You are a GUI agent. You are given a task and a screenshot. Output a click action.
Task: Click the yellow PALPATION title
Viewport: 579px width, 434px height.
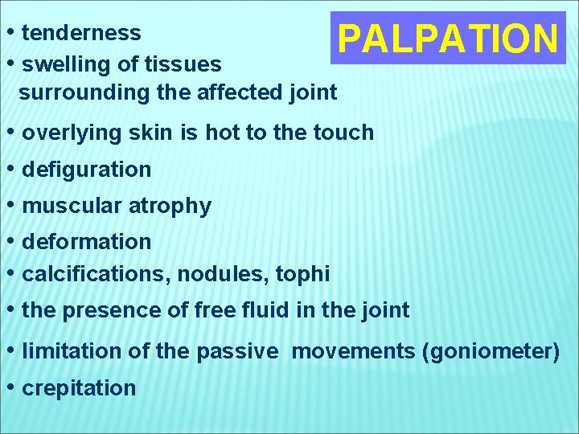pyautogui.click(x=448, y=38)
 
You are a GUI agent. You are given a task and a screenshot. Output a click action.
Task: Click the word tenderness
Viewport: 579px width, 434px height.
pyautogui.click(x=81, y=33)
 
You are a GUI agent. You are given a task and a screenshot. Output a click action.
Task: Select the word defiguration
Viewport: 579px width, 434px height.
pyautogui.click(x=87, y=170)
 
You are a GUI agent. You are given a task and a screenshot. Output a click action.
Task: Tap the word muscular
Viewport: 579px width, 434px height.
pyautogui.click(x=73, y=206)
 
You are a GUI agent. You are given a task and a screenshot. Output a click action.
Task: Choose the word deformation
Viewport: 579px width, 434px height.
pyautogui.click(x=87, y=242)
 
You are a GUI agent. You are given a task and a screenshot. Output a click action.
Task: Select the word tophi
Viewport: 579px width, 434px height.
pyautogui.click(x=302, y=274)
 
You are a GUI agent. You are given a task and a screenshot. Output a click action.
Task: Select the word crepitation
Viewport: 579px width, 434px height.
pyautogui.click(x=79, y=388)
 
